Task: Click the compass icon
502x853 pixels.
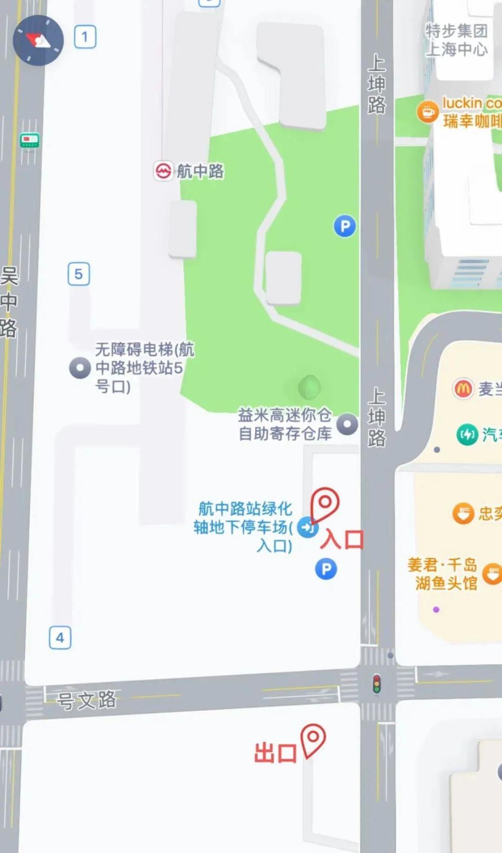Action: point(38,40)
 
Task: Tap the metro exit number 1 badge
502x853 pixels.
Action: point(85,37)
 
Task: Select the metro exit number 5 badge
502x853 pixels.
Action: point(78,274)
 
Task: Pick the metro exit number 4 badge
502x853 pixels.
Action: point(60,638)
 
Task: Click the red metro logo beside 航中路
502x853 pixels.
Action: point(163,171)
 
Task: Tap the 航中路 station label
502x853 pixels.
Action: point(200,171)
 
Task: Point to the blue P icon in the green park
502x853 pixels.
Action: point(345,226)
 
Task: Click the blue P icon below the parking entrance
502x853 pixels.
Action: point(326,569)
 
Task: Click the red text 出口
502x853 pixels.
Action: point(275,753)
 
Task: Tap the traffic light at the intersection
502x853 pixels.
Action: point(376,684)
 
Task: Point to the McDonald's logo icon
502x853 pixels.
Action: point(463,389)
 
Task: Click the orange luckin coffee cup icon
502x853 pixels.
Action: point(427,112)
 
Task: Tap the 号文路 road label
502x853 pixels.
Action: point(87,700)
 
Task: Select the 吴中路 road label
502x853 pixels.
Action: point(9,302)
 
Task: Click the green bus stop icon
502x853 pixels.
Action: point(29,141)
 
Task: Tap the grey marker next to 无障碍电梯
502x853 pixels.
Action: point(80,368)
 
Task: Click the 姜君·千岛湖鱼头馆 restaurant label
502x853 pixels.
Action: point(443,573)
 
